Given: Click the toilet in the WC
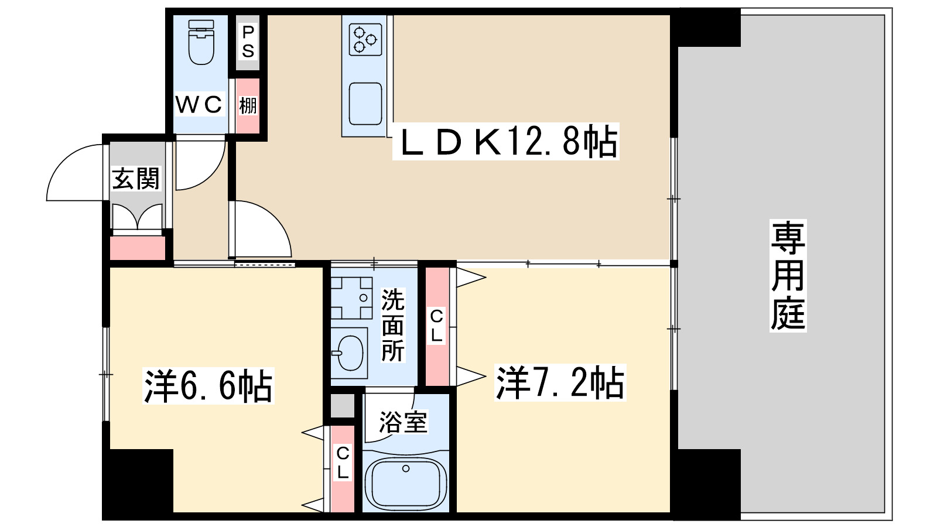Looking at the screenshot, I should (201, 42).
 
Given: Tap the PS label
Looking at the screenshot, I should (248, 42).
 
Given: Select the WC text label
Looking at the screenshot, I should (199, 105).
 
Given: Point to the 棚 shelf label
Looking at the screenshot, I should (248, 106).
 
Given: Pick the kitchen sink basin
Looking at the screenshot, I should (365, 103).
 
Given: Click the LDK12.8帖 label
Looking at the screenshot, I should (507, 142).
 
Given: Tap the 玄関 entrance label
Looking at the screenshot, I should (136, 179).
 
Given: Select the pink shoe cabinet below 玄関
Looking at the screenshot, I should (138, 248).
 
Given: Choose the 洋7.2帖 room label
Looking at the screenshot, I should (560, 382).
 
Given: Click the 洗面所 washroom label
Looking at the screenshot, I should (393, 325).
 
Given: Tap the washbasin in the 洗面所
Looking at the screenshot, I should (350, 353).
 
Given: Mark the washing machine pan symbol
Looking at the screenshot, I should (351, 297).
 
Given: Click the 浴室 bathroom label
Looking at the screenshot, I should (403, 422).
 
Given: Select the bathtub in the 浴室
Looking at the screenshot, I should (405, 484).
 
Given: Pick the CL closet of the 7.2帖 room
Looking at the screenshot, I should (437, 326).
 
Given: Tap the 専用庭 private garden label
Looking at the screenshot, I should (788, 275).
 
